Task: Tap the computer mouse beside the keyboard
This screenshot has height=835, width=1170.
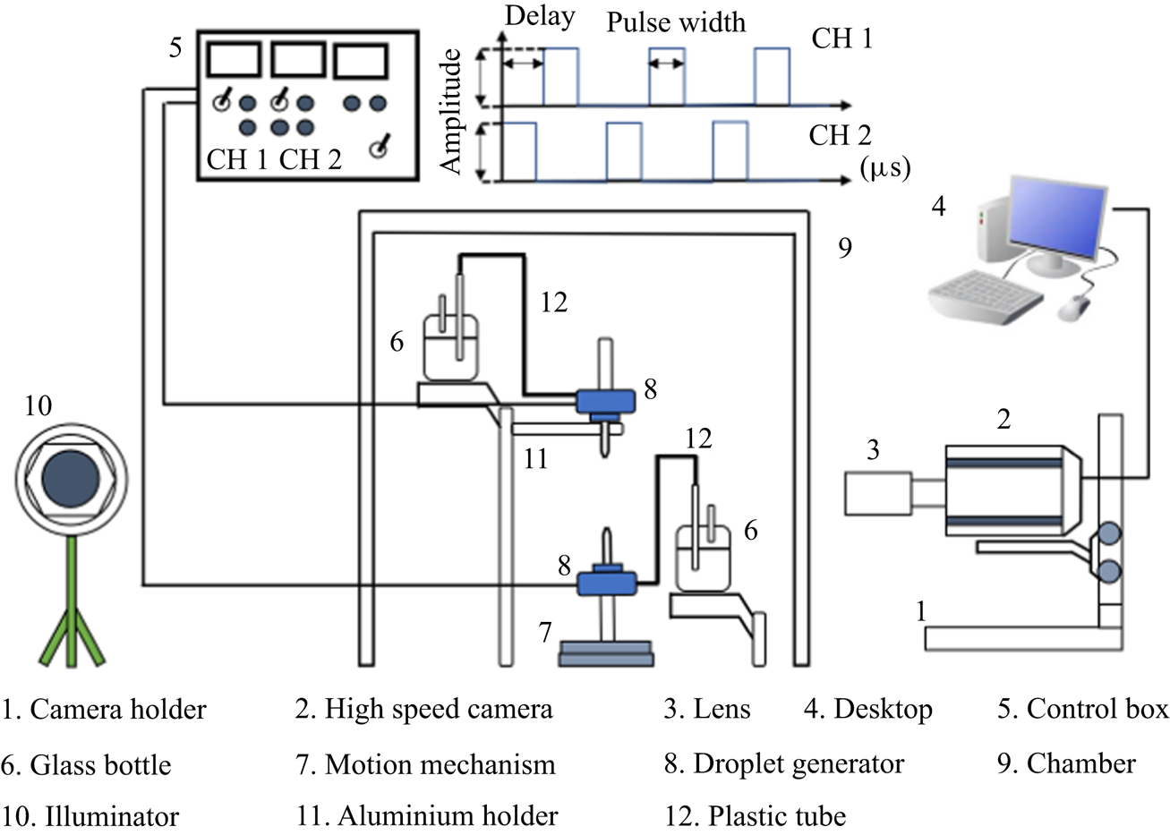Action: pyautogui.click(x=1073, y=307)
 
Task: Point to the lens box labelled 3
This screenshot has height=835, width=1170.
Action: pyautogui.click(x=876, y=492)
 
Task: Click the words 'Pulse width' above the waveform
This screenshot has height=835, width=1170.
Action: pyautogui.click(x=676, y=21)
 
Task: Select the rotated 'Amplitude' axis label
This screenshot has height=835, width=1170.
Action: pyautogui.click(x=453, y=111)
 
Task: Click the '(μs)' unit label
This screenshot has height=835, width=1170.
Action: pyautogui.click(x=884, y=167)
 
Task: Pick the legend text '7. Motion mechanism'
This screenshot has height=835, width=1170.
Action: pyautogui.click(x=425, y=764)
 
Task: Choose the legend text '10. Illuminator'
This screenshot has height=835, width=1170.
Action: pyautogui.click(x=90, y=816)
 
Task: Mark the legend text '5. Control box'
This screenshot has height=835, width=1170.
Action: pyautogui.click(x=1082, y=709)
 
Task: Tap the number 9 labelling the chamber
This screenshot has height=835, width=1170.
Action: pyautogui.click(x=844, y=248)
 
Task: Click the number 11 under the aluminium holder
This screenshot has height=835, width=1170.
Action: pyautogui.click(x=535, y=459)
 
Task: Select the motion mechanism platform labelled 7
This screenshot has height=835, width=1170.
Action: pyautogui.click(x=605, y=652)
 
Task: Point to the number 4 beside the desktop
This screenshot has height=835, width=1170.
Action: pyautogui.click(x=938, y=207)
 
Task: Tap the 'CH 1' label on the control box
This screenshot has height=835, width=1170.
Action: pyautogui.click(x=237, y=159)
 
